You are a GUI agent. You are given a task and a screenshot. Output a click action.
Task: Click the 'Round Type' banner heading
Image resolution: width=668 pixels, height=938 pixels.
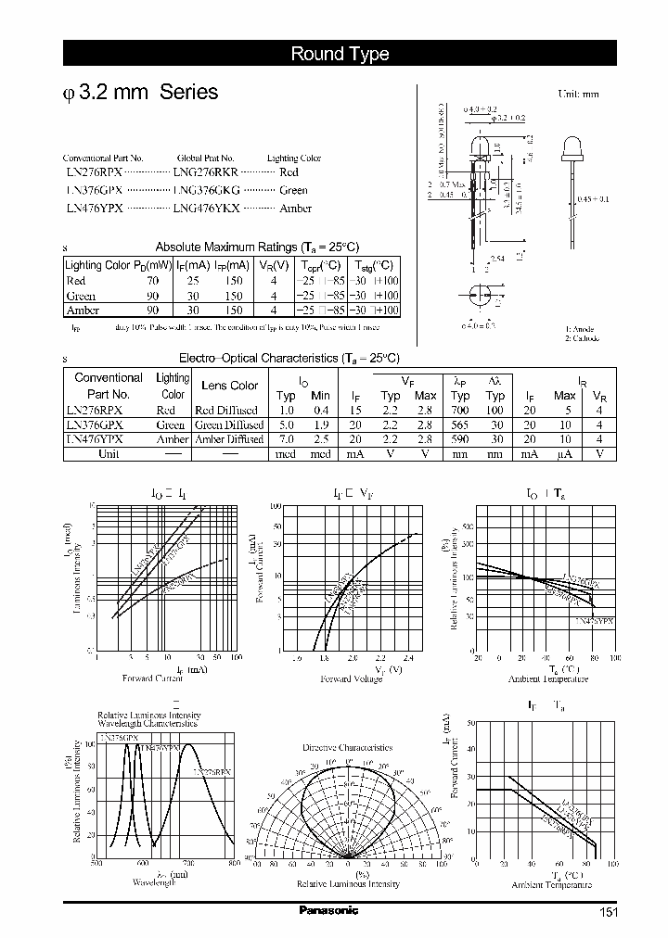point(340,54)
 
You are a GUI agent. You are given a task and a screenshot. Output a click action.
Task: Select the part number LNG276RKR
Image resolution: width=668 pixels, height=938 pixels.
point(206,172)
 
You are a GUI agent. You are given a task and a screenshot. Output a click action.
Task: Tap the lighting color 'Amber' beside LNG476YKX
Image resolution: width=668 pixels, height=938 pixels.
point(295,209)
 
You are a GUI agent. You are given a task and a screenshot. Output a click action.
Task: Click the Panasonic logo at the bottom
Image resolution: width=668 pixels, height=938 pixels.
point(328,911)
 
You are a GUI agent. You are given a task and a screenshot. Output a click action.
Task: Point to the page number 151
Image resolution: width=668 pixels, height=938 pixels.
point(608,912)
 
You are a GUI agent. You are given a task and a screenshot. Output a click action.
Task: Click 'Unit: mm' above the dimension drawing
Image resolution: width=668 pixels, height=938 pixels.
point(578,95)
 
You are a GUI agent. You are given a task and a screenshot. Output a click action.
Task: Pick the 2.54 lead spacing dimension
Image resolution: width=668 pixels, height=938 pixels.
point(497,260)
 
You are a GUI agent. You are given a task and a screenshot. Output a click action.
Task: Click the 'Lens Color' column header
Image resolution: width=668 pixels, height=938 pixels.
point(229,386)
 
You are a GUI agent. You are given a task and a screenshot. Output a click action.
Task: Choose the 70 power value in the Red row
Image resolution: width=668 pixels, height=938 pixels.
point(152,280)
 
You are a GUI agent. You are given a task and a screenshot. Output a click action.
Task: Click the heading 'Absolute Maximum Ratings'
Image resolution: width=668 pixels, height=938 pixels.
point(225,247)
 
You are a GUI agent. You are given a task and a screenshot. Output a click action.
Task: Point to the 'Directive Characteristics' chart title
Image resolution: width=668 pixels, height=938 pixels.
point(347,747)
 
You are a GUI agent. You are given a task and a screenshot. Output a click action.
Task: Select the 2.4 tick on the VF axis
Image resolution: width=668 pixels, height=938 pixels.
point(409,658)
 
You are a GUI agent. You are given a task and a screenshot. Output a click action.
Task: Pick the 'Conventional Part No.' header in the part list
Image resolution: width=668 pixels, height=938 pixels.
point(102,158)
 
